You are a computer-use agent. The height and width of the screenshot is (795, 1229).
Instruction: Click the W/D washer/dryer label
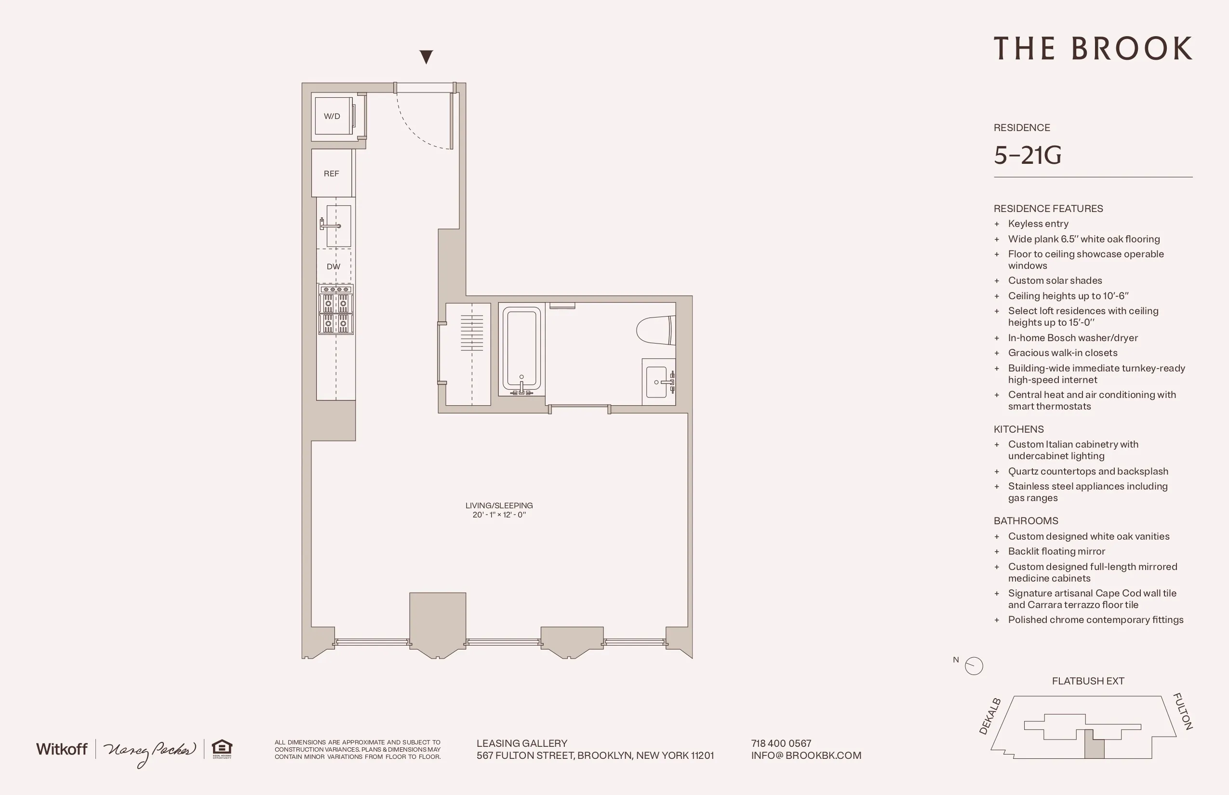pyautogui.click(x=332, y=116)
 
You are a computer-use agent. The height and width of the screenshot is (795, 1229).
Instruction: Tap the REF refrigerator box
pyautogui.click(x=332, y=173)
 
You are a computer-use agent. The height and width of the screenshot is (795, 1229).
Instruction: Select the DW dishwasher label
pyautogui.click(x=334, y=266)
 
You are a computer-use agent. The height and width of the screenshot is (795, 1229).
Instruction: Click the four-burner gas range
pyautogui.click(x=335, y=310)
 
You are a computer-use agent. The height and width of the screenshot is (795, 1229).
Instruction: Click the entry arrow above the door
pyautogui.click(x=426, y=56)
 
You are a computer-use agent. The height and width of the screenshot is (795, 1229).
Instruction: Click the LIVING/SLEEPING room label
pyautogui.click(x=499, y=505)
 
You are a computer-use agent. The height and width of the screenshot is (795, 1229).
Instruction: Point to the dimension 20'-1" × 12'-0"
pyautogui.click(x=499, y=515)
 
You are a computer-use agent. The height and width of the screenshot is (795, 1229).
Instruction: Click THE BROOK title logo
pyautogui.click(x=1093, y=49)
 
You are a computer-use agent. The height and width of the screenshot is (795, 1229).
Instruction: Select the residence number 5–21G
pyautogui.click(x=1027, y=155)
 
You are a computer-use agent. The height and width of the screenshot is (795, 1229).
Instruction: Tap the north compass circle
pyautogui.click(x=974, y=665)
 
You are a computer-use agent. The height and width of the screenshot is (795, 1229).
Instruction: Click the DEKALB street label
pyautogui.click(x=990, y=716)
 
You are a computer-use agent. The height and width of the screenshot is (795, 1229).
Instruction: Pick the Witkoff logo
pyautogui.click(x=62, y=749)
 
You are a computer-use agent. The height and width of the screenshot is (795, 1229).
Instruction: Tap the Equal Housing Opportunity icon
pyautogui.click(x=222, y=749)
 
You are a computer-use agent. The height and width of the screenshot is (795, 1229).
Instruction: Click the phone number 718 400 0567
pyautogui.click(x=781, y=743)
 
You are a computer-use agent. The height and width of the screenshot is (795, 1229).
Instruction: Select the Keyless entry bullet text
pyautogui.click(x=1038, y=224)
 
